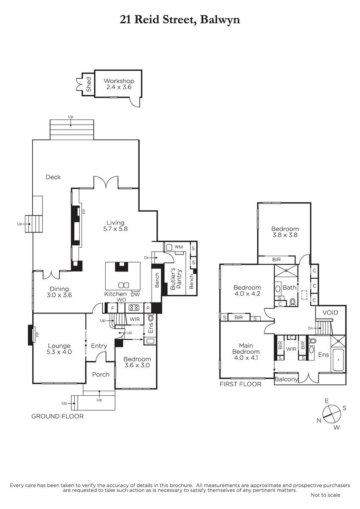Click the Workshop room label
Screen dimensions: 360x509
pos(119,81)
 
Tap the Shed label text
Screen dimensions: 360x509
pos(88,84)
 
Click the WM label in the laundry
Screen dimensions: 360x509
pos(179,247)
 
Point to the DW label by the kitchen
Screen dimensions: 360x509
pos(135,294)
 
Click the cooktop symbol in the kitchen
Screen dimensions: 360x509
pos(134,308)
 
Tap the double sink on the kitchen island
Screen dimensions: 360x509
pos(124,285)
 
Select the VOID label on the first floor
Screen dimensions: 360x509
pos(330,313)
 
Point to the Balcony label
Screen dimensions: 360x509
pos(286,379)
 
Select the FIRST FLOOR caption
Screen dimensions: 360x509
pos(240,384)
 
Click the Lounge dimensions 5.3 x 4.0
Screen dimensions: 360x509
pos(59,352)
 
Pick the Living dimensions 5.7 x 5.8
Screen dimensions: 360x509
pos(115,229)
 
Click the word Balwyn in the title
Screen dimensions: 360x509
pos(220,20)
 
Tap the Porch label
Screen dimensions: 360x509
pos(101,375)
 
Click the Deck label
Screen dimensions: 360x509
pos(53,177)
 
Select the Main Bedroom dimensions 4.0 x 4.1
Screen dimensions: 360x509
pos(246,358)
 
